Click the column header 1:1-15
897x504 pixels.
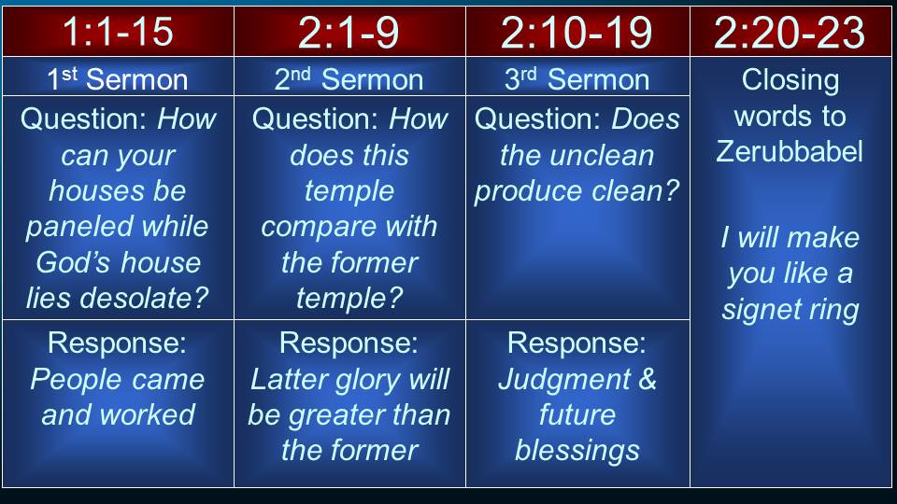(x=118, y=31)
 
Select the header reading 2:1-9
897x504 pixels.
(x=349, y=32)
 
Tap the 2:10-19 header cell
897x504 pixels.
(x=577, y=32)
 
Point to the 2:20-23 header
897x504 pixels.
(x=790, y=32)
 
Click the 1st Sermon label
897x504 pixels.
(x=118, y=78)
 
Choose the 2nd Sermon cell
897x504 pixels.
(x=349, y=78)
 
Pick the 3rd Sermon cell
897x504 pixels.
(x=577, y=78)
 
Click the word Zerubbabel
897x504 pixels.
(x=790, y=151)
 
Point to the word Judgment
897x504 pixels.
(x=564, y=380)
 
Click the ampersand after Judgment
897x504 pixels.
(x=648, y=379)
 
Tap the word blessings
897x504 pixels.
(x=577, y=450)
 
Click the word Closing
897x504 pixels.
(x=790, y=80)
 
